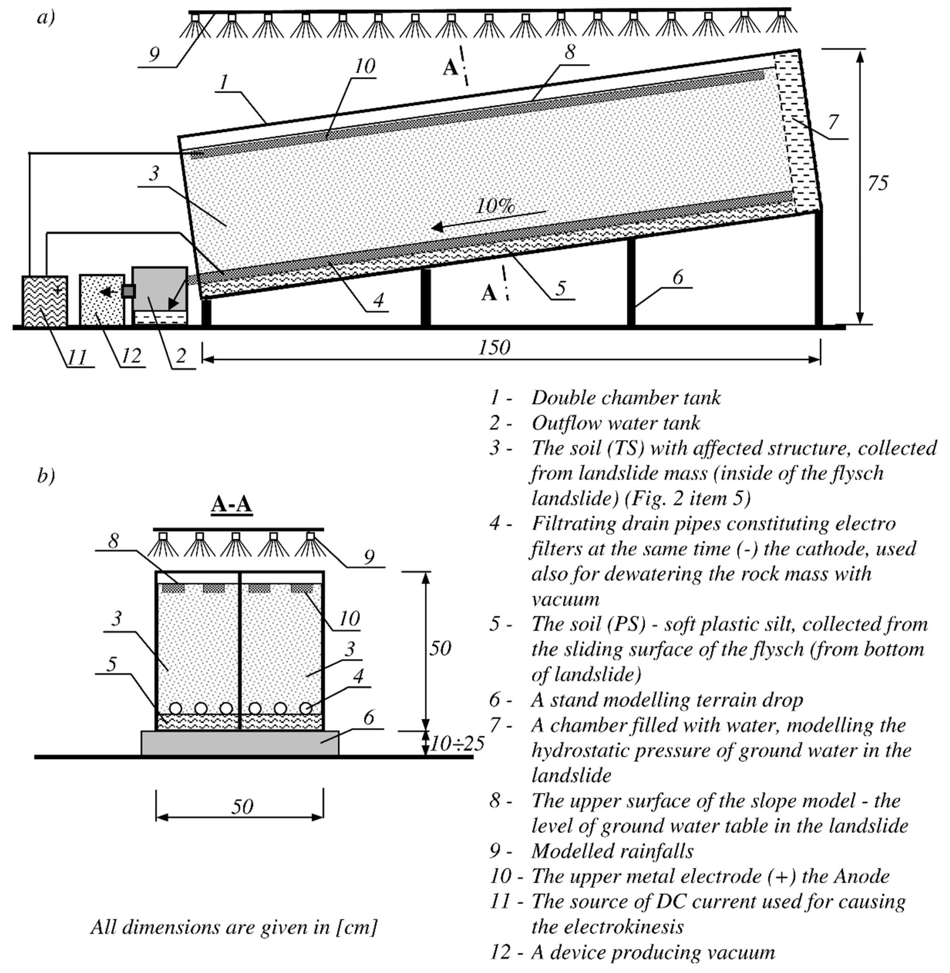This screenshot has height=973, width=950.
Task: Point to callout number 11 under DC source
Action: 77,356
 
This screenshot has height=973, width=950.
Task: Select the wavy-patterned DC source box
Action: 44,301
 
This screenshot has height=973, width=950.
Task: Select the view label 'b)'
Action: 46,476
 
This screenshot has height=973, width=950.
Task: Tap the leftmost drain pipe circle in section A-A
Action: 175,708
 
